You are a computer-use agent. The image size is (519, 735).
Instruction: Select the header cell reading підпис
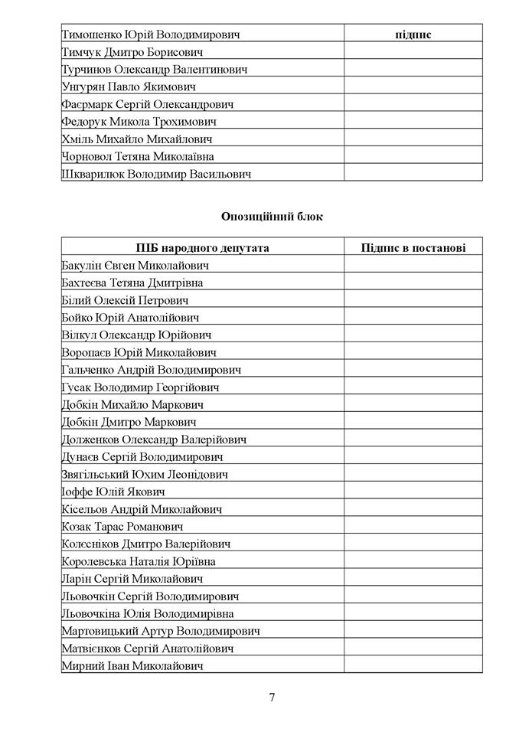413,34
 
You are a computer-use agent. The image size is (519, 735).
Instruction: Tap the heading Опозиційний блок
272,217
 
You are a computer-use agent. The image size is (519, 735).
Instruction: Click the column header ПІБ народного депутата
203,247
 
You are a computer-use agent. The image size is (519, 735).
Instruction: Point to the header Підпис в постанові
413,247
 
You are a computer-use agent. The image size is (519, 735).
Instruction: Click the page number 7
272,697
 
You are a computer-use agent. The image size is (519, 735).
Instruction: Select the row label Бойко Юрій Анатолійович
130,317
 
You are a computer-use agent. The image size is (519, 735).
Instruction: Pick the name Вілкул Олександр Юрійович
136,335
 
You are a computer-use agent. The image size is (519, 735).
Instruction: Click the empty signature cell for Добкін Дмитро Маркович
413,422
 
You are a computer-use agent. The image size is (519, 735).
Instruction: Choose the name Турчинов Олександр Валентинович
155,70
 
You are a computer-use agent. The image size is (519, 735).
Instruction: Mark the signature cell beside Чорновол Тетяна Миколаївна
413,156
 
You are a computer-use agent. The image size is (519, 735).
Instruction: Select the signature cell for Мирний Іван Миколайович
413,665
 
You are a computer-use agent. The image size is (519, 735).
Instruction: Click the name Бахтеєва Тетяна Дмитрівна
132,283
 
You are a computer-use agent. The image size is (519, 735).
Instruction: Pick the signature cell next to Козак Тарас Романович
413,526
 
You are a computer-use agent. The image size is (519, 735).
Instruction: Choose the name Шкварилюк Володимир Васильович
156,174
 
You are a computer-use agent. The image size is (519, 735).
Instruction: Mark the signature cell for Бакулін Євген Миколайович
413,265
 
